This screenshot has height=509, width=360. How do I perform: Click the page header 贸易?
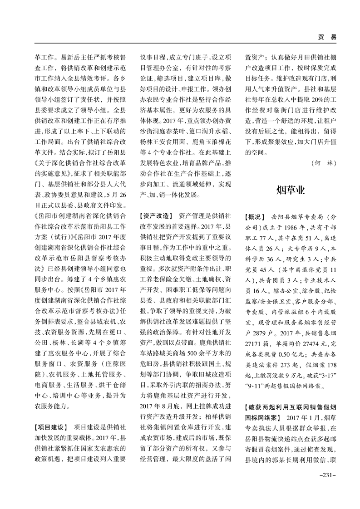click(x=327, y=37)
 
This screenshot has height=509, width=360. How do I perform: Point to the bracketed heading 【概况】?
click(x=254, y=216)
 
